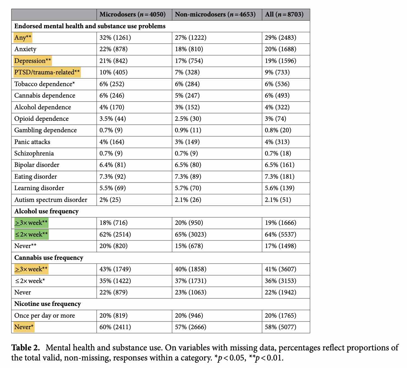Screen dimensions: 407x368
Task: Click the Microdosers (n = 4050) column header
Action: point(132,14)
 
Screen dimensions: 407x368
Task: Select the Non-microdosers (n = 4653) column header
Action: point(215,14)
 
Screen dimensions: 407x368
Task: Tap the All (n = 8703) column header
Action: point(284,14)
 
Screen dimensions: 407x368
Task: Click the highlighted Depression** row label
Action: point(32,61)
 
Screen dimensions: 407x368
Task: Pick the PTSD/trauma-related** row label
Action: point(47,72)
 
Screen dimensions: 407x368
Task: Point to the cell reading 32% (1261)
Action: point(115,37)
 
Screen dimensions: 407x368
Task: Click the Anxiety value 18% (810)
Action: point(189,49)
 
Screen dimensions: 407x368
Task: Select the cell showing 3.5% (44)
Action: point(113,119)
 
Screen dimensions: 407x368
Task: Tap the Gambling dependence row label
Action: point(46,130)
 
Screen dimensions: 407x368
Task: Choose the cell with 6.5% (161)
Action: point(279,165)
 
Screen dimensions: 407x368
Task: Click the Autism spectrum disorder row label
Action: point(51,200)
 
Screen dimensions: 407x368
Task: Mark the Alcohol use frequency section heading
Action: point(46,211)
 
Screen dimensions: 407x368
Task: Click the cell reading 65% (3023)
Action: point(191,234)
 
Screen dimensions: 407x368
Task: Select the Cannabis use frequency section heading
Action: point(49,258)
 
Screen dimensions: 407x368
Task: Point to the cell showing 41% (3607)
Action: point(280,269)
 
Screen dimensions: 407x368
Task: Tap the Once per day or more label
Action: point(44,315)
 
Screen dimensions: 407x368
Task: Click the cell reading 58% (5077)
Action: point(280,327)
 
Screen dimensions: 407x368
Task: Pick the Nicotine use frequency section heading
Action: point(48,304)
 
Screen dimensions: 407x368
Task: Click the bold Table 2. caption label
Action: point(25,348)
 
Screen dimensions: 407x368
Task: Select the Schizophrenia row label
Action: point(34,153)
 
